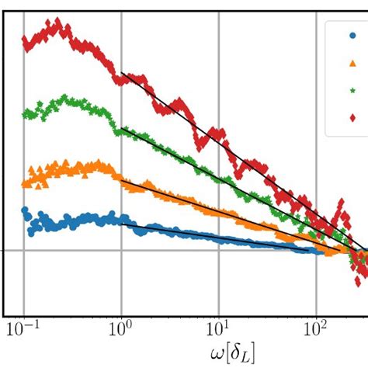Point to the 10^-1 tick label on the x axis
(x=23, y=329)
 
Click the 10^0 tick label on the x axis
(x=120, y=329)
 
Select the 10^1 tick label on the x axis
(x=218, y=329)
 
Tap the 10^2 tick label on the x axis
(x=315, y=329)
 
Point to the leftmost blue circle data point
(x=24, y=210)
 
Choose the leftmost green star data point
(x=25, y=113)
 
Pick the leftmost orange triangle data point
(x=25, y=184)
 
